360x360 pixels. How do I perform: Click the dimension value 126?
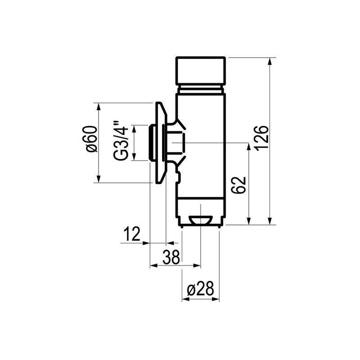click(261, 138)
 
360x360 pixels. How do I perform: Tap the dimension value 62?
click(239, 185)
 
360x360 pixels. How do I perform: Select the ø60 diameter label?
click(91, 139)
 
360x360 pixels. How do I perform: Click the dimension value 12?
click(132, 234)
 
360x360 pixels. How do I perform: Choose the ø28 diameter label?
click(200, 288)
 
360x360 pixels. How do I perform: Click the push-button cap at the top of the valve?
click(200, 71)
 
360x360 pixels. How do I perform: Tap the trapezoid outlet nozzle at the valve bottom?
click(200, 220)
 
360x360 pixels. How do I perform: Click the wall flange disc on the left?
click(160, 143)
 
